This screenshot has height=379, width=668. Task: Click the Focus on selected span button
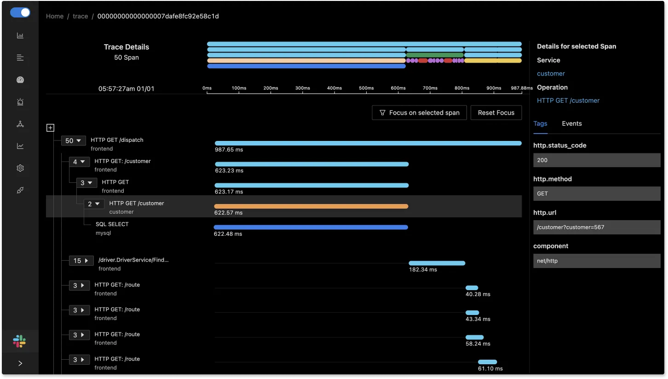click(x=419, y=113)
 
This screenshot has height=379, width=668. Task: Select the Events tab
click(x=572, y=123)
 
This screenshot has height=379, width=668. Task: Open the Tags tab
click(x=540, y=123)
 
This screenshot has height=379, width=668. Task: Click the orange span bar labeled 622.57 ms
click(x=311, y=206)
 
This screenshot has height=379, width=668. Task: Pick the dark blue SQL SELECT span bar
click(x=311, y=227)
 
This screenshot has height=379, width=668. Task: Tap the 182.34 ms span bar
click(x=437, y=263)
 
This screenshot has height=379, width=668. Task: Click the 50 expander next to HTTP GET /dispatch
click(x=74, y=141)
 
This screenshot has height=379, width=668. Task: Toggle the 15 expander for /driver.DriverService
click(x=81, y=261)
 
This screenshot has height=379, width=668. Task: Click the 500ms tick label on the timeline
click(x=366, y=88)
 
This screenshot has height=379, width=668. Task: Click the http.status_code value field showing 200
click(x=597, y=160)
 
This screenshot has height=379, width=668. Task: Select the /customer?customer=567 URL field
click(x=597, y=227)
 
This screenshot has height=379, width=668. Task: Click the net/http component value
click(x=597, y=261)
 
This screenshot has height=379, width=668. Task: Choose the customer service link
click(x=551, y=74)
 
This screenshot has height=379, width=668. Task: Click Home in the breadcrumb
click(x=55, y=16)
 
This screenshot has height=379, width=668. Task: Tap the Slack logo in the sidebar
click(x=19, y=341)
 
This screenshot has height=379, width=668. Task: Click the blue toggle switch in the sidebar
click(x=20, y=12)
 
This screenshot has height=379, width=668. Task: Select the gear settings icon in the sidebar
click(x=20, y=168)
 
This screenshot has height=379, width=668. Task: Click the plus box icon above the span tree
click(x=51, y=128)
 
